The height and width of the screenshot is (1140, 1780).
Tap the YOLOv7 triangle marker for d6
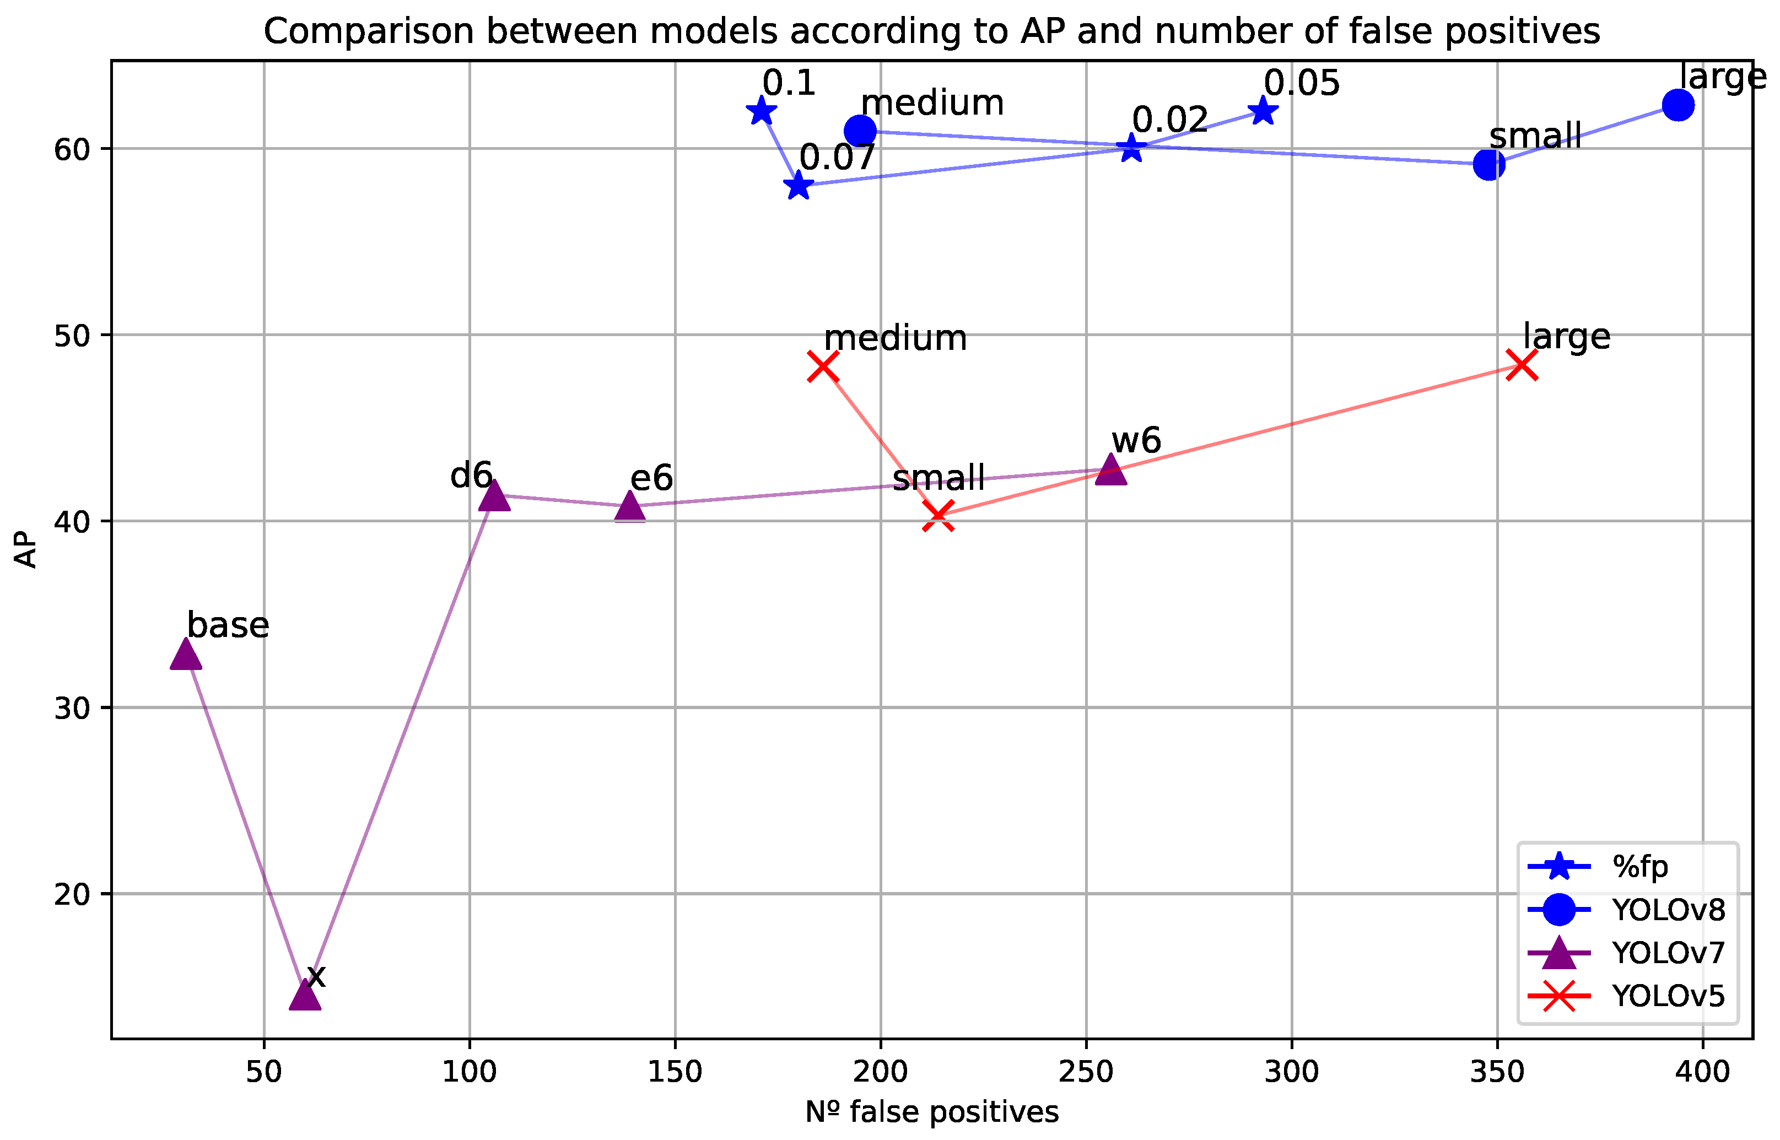pos(495,496)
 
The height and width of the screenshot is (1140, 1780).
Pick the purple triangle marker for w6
pos(1110,469)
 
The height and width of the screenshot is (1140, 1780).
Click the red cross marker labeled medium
pos(823,366)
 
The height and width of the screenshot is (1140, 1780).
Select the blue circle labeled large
pos(1678,105)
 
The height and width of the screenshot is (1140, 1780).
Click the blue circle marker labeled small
pos(1489,164)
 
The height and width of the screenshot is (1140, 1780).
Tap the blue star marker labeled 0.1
pos(761,112)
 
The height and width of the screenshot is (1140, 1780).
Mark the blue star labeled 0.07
pos(798,185)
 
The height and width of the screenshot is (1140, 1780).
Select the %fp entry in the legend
pos(1640,866)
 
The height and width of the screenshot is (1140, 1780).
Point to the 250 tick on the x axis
pos(1086,1072)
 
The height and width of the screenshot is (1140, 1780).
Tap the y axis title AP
pos(26,549)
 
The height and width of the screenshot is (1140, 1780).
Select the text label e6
pos(651,478)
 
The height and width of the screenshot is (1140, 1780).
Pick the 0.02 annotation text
pos(1170,120)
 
